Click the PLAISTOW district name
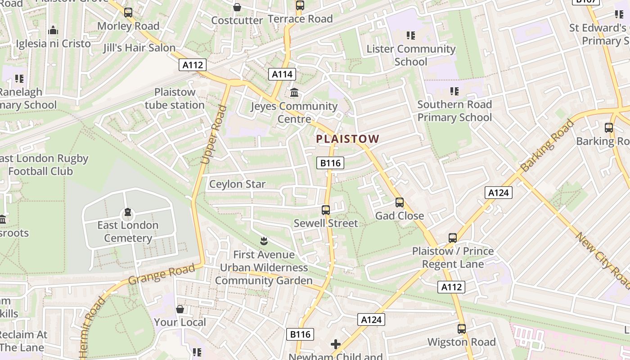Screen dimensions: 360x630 click(347, 139)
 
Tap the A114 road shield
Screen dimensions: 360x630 click(282, 74)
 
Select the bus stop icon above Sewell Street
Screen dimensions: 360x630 click(326, 210)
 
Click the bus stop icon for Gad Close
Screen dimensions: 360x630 click(400, 202)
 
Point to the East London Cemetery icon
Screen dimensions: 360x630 click(128, 212)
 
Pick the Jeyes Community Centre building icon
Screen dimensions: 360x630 click(294, 93)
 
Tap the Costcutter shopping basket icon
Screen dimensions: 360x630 click(237, 7)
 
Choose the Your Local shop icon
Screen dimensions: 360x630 click(180, 309)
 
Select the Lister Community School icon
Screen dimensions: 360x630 click(410, 35)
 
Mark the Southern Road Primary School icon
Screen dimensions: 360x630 click(454, 91)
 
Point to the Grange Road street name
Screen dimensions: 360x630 click(162, 274)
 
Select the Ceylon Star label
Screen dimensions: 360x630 click(238, 184)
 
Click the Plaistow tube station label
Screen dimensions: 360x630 click(175, 99)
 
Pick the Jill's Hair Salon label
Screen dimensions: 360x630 click(139, 48)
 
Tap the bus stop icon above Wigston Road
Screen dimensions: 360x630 click(462, 329)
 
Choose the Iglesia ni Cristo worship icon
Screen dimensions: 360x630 click(53, 31)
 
